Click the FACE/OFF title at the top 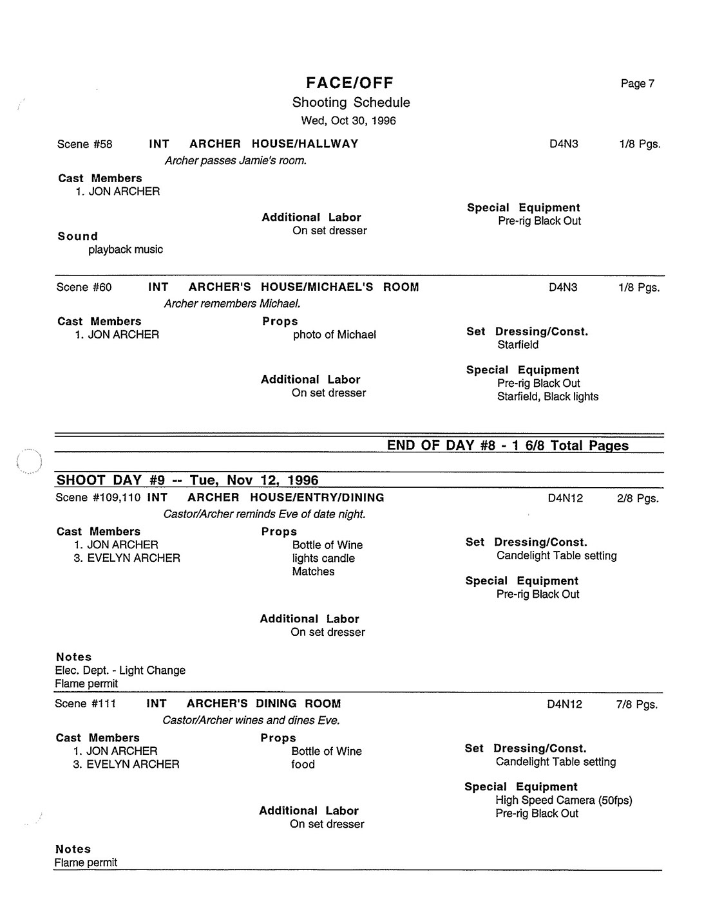[x=349, y=82]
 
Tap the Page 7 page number [x=637, y=84]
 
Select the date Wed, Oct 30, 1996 [x=348, y=120]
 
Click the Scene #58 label [x=84, y=144]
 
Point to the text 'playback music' [x=126, y=250]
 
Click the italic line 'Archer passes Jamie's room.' [x=235, y=161]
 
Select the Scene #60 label [x=84, y=287]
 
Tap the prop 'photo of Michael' [x=334, y=335]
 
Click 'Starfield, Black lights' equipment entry [x=547, y=396]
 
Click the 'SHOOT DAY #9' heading [x=187, y=480]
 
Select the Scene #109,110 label [x=98, y=497]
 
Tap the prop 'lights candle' [x=323, y=559]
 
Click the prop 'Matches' [x=313, y=571]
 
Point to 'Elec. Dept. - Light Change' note [x=120, y=671]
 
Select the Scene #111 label [x=85, y=703]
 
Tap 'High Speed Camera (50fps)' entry [x=564, y=801]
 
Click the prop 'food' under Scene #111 [x=303, y=765]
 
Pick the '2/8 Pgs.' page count [x=638, y=499]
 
